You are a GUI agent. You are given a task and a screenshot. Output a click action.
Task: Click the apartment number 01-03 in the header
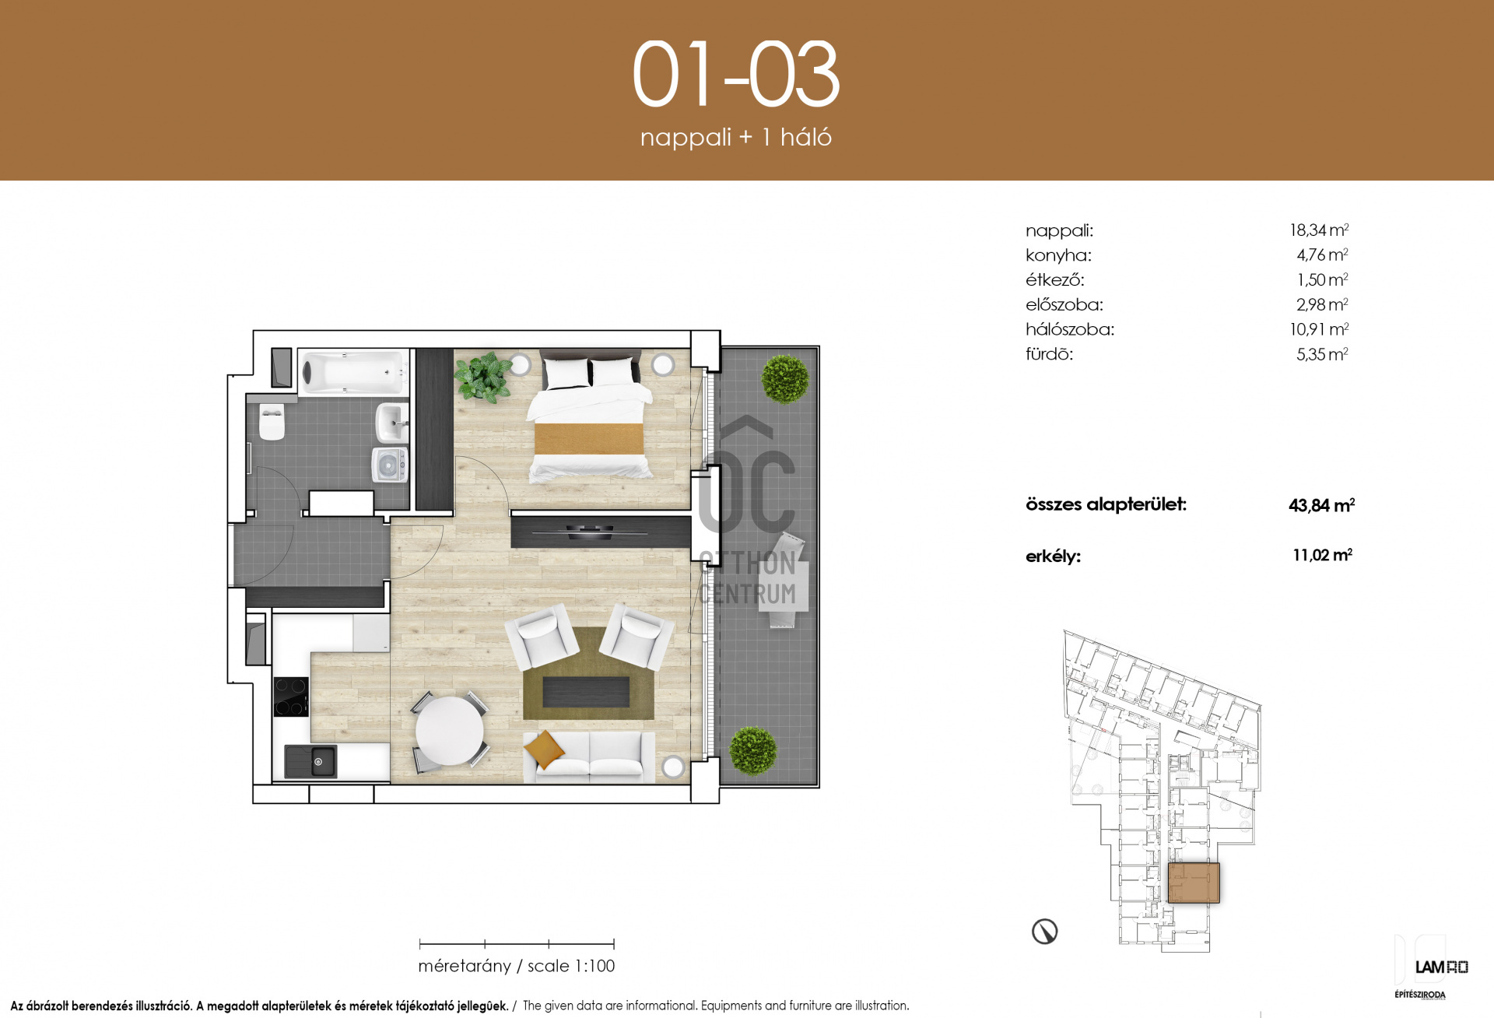pos(735,75)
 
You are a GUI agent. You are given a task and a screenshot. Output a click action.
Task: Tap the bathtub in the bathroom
pos(353,371)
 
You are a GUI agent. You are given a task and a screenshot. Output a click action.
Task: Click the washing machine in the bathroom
pos(389,465)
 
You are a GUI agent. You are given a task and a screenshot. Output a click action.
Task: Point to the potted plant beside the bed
pos(482,377)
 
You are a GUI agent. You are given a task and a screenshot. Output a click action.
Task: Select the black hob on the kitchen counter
pos(291,697)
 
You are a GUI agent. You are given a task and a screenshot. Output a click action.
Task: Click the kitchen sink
pos(310,761)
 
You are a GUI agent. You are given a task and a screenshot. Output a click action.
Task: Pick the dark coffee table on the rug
pos(585,692)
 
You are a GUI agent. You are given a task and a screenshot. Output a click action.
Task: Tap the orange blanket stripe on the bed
pos(589,438)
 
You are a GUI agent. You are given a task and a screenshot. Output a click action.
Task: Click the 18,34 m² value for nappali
pos(1319,230)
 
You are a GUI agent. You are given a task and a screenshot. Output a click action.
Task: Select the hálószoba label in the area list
pos(1070,330)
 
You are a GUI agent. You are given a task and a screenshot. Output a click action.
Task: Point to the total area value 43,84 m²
pos(1321,505)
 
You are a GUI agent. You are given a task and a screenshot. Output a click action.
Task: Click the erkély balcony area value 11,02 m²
pos(1322,555)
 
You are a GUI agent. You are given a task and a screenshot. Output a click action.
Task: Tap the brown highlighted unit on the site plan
pos(1194,883)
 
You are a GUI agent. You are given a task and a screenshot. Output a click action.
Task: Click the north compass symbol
pos(1044,931)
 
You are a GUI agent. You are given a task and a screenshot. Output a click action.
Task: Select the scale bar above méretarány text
pos(517,944)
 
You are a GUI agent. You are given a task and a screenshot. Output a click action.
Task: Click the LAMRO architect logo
pos(1441,967)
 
